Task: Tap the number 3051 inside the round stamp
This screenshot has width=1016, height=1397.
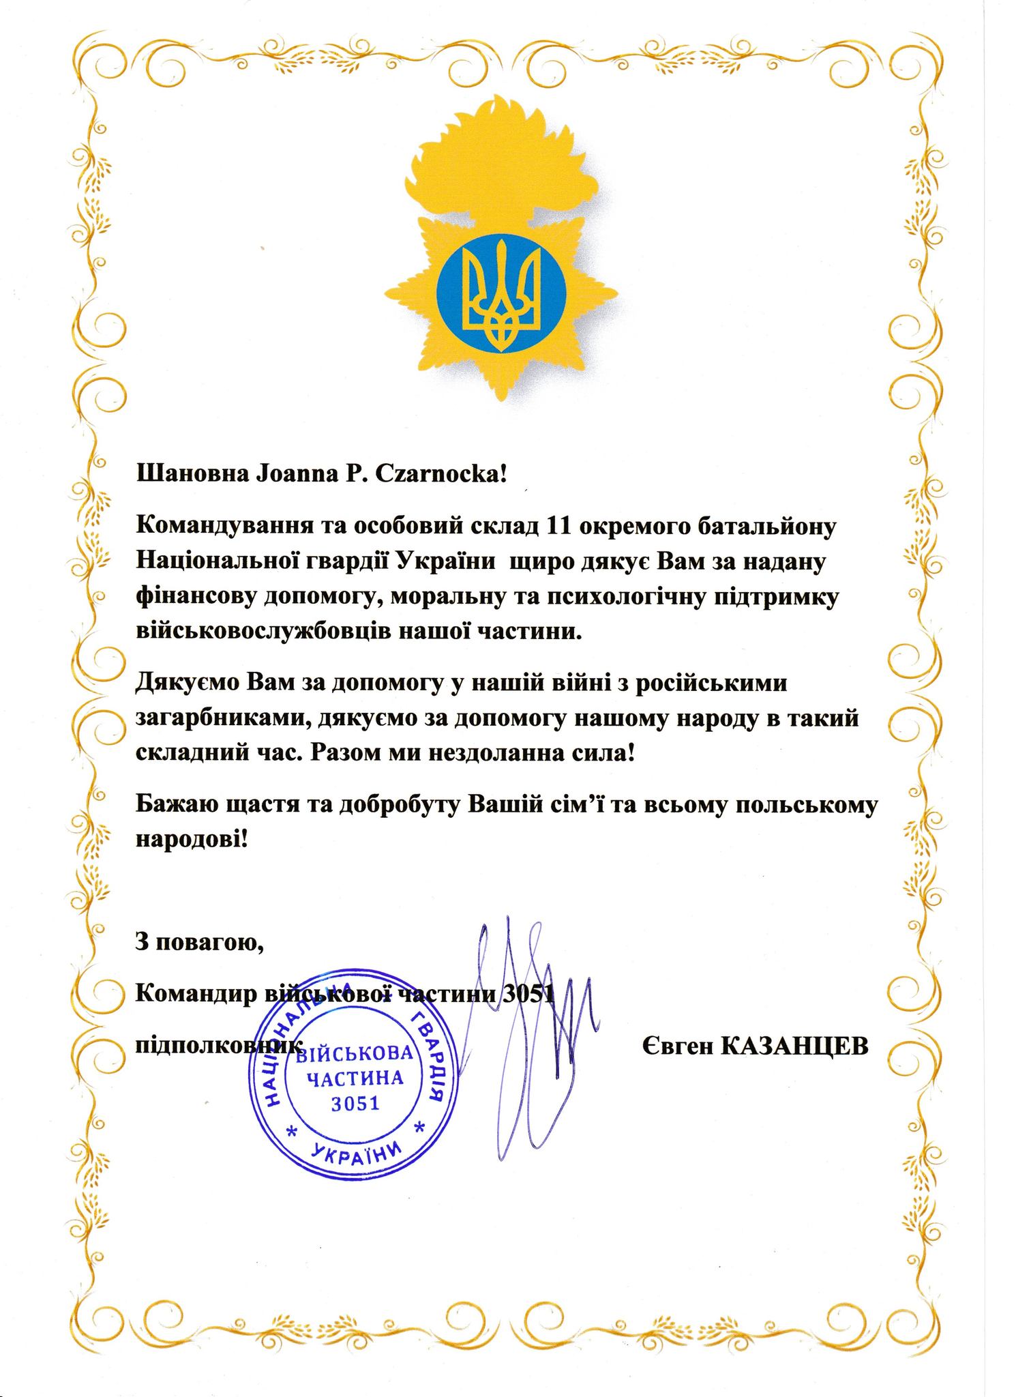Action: tap(355, 1103)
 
